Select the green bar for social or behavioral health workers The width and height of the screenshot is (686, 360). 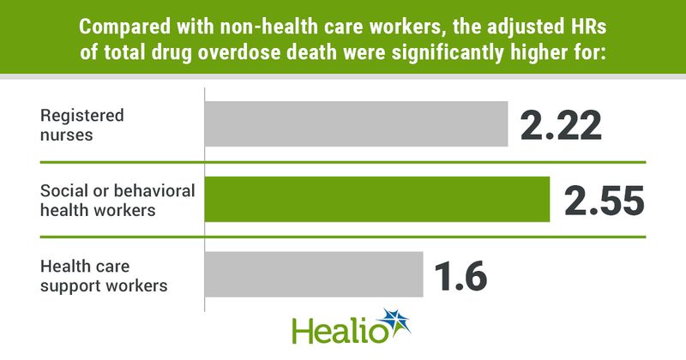pos(376,200)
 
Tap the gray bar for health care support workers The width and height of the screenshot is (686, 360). pos(313,274)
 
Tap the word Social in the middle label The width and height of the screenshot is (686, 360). pos(61,190)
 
